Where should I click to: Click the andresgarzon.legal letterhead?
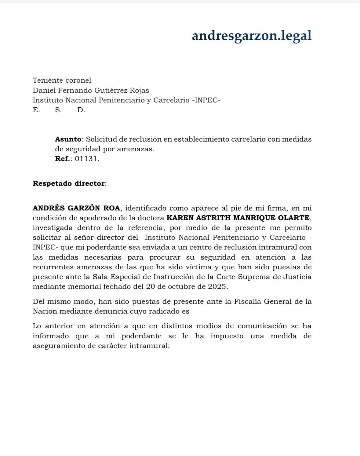point(252,36)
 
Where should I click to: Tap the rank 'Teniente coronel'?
point(62,81)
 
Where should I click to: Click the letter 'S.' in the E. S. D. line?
point(58,110)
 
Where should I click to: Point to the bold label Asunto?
point(68,139)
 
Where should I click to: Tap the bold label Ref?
point(63,159)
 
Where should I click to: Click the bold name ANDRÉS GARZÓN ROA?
point(76,209)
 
